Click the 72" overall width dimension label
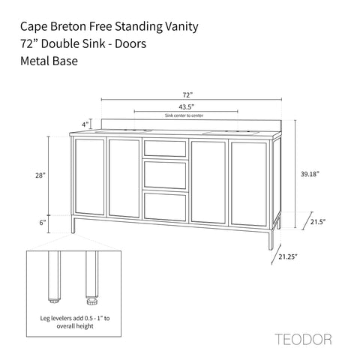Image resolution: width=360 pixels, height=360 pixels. [x=187, y=95]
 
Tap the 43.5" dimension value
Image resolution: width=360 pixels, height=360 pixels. [x=187, y=107]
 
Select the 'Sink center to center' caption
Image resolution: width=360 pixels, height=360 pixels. [x=184, y=115]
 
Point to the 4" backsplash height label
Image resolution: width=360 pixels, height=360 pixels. [x=85, y=124]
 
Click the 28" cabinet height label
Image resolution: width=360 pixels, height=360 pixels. [x=40, y=175]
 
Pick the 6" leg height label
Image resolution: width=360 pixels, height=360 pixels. [x=43, y=223]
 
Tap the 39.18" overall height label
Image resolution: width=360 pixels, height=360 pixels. [x=310, y=174]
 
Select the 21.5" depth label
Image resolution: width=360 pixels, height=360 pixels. [x=318, y=222]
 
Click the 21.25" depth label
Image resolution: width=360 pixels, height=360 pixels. [x=288, y=256]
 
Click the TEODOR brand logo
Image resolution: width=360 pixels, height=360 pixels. [x=304, y=339]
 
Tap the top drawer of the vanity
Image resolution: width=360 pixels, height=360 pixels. [x=165, y=148]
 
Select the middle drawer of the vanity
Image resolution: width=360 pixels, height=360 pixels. [x=165, y=175]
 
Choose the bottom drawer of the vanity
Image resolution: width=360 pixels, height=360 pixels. [x=165, y=206]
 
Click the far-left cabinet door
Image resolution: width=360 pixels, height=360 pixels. [x=90, y=177]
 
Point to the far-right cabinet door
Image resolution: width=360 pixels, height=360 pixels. [x=249, y=184]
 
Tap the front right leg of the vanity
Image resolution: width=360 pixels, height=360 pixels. [x=271, y=239]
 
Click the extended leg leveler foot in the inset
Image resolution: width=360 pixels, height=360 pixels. [x=91, y=300]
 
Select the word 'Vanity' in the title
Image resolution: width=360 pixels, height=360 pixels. [x=181, y=27]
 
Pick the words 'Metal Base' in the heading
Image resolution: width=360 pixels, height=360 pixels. [x=49, y=61]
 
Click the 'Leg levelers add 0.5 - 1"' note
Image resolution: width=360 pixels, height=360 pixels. [x=75, y=318]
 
